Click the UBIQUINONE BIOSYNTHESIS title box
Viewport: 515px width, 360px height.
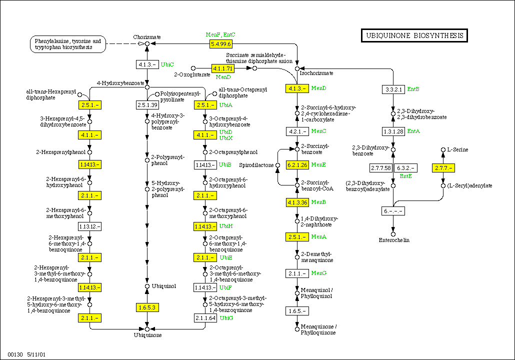[x=414, y=35]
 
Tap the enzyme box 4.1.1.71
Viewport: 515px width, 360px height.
[x=222, y=68]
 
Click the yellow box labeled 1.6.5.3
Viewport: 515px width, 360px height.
[x=147, y=307]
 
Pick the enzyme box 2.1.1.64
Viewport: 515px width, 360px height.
[x=206, y=317]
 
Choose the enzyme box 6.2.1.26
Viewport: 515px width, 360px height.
[x=297, y=164]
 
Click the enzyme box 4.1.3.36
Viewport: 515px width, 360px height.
[x=297, y=202]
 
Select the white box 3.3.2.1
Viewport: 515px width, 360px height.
[x=393, y=89]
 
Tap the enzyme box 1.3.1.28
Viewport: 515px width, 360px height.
[x=393, y=131]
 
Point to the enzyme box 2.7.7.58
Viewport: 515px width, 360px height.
[x=381, y=167]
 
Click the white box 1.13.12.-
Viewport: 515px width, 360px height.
[x=90, y=226]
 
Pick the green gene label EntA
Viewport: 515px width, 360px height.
[x=413, y=131]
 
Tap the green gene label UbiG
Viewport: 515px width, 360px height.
[x=226, y=318]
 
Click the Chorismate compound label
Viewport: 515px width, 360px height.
[x=147, y=37]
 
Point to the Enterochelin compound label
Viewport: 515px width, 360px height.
[x=394, y=240]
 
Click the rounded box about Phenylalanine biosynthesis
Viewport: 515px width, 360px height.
[x=68, y=44]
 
